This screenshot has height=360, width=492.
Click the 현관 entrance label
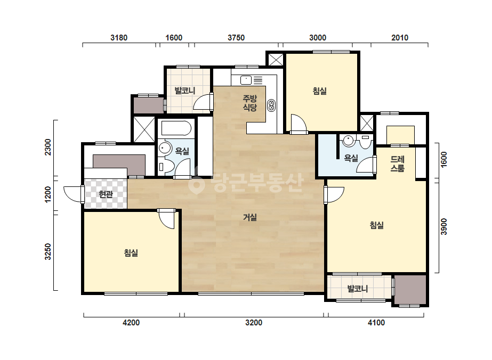click(x=106, y=194)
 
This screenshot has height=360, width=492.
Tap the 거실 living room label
click(x=250, y=217)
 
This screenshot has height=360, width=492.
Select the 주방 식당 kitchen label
click(x=250, y=103)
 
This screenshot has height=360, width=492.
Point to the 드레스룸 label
click(x=397, y=163)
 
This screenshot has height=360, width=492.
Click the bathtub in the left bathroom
click(x=176, y=128)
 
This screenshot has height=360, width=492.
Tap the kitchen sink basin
click(x=246, y=80)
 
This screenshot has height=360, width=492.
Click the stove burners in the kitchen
click(x=271, y=105)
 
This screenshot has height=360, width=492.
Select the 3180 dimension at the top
click(x=119, y=38)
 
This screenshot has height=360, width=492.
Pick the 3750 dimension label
click(x=236, y=38)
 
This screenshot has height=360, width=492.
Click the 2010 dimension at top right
click(x=400, y=38)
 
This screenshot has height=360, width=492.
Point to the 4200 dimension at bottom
click(x=131, y=322)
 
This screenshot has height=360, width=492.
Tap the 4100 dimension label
click(x=376, y=322)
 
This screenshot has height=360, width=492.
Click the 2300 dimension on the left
click(x=47, y=147)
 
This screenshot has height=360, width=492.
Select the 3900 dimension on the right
click(x=443, y=226)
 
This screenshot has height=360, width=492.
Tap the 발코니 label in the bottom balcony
click(x=357, y=289)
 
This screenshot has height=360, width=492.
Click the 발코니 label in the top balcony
click(x=185, y=91)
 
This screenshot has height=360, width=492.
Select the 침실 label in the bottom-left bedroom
click(x=131, y=253)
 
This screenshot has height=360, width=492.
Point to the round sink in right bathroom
click(x=348, y=140)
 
